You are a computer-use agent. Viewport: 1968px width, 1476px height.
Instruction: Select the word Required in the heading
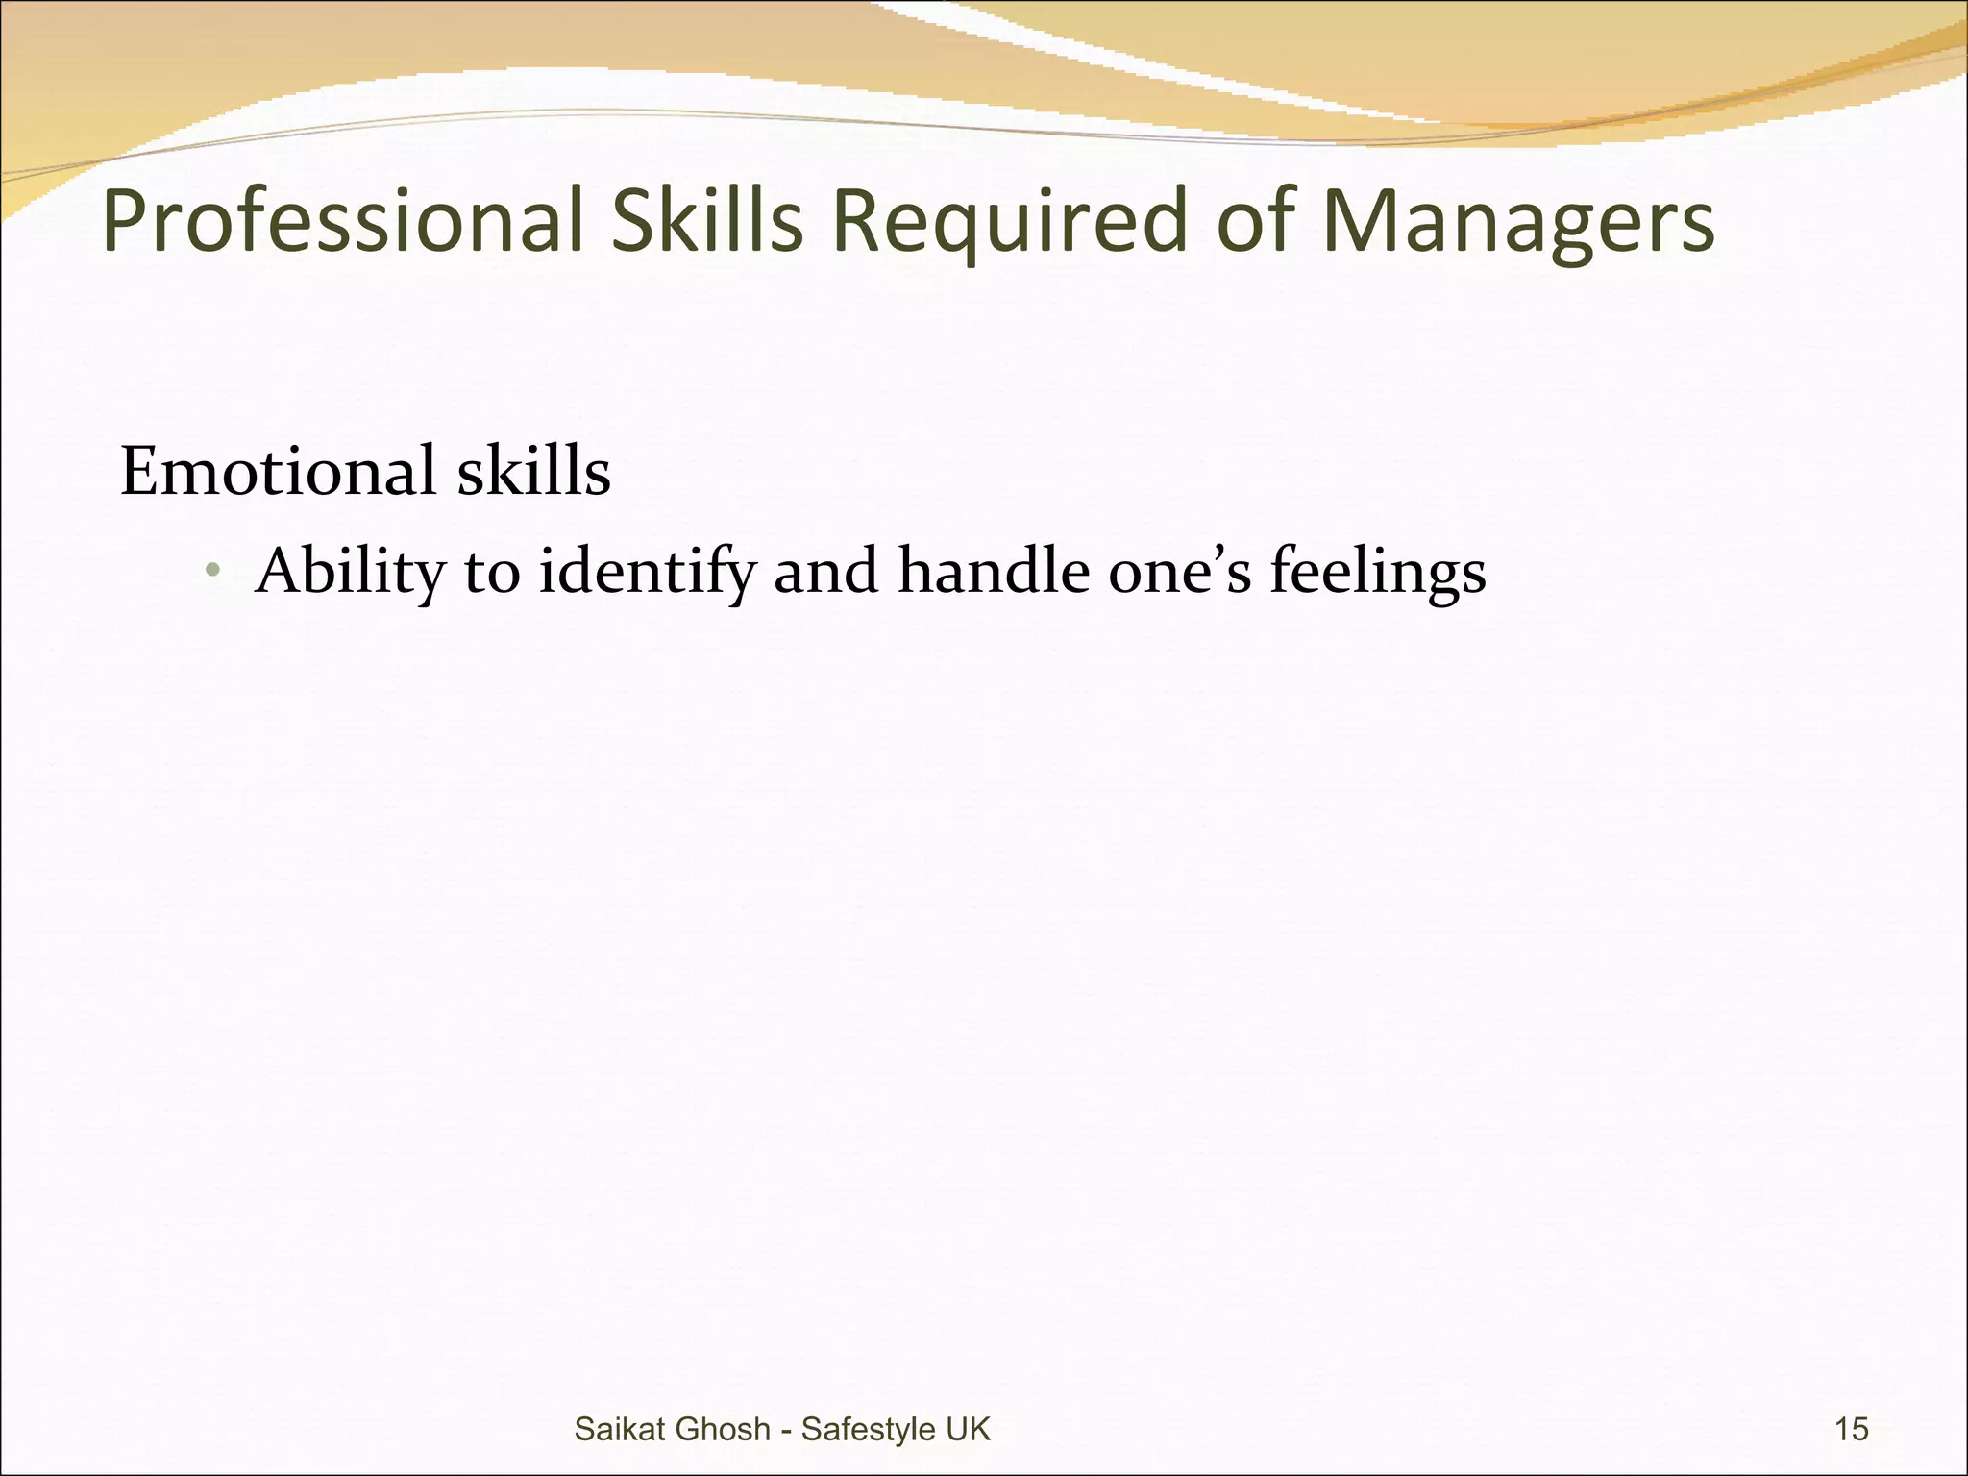1010,222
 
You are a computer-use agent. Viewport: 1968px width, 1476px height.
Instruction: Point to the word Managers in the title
1517,222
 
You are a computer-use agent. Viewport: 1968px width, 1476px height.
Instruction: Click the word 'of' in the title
1254,222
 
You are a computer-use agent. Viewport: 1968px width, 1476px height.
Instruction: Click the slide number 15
1852,1429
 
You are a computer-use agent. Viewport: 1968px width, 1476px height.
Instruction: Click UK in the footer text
968,1429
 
